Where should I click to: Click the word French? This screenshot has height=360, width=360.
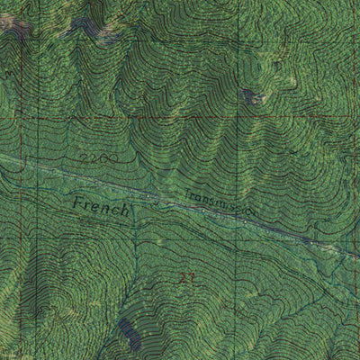coord(103,206)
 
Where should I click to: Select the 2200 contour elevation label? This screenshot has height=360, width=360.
coord(93,161)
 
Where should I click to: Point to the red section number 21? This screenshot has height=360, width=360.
coord(187,278)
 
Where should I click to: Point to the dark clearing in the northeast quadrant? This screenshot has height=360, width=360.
coord(250,95)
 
